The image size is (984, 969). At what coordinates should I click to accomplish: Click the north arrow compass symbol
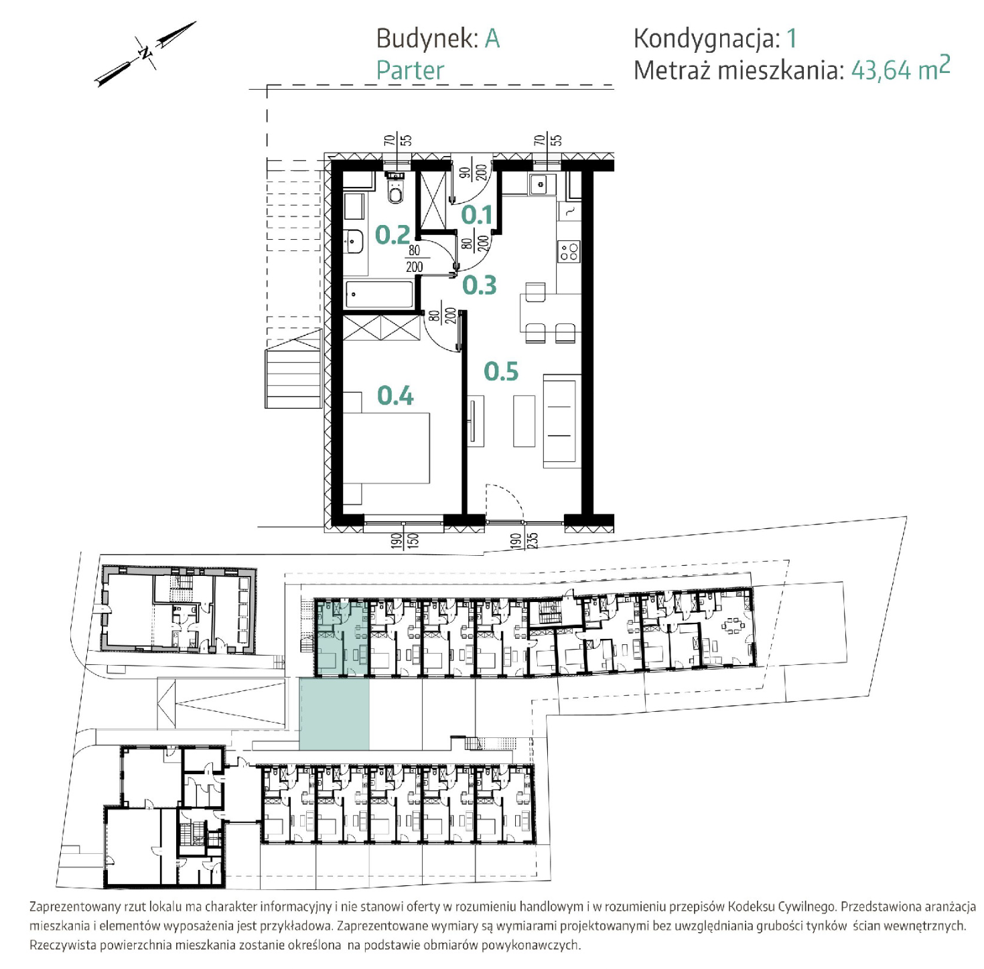click(x=145, y=53)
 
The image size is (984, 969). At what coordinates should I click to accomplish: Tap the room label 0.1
click(x=476, y=214)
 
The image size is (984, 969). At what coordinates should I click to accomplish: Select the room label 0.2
click(x=392, y=234)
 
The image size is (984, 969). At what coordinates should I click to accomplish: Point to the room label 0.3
click(x=479, y=285)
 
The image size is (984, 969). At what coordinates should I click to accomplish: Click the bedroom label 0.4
click(x=395, y=396)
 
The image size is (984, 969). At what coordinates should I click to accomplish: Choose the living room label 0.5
click(x=501, y=371)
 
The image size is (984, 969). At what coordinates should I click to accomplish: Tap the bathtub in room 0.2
click(x=379, y=295)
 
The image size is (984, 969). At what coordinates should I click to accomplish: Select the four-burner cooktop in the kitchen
click(x=569, y=251)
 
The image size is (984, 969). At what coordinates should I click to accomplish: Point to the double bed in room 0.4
click(x=386, y=448)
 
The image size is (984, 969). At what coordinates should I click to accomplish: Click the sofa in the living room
click(x=562, y=421)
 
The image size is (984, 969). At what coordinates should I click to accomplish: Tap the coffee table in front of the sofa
click(x=524, y=421)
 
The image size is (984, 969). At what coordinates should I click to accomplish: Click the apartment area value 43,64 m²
click(x=900, y=68)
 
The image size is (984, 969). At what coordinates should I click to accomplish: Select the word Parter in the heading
click(x=410, y=70)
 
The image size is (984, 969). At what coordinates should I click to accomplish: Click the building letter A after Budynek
click(x=492, y=39)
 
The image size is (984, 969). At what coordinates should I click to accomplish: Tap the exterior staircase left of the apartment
click(x=293, y=368)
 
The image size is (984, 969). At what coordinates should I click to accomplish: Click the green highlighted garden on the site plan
click(x=334, y=713)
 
